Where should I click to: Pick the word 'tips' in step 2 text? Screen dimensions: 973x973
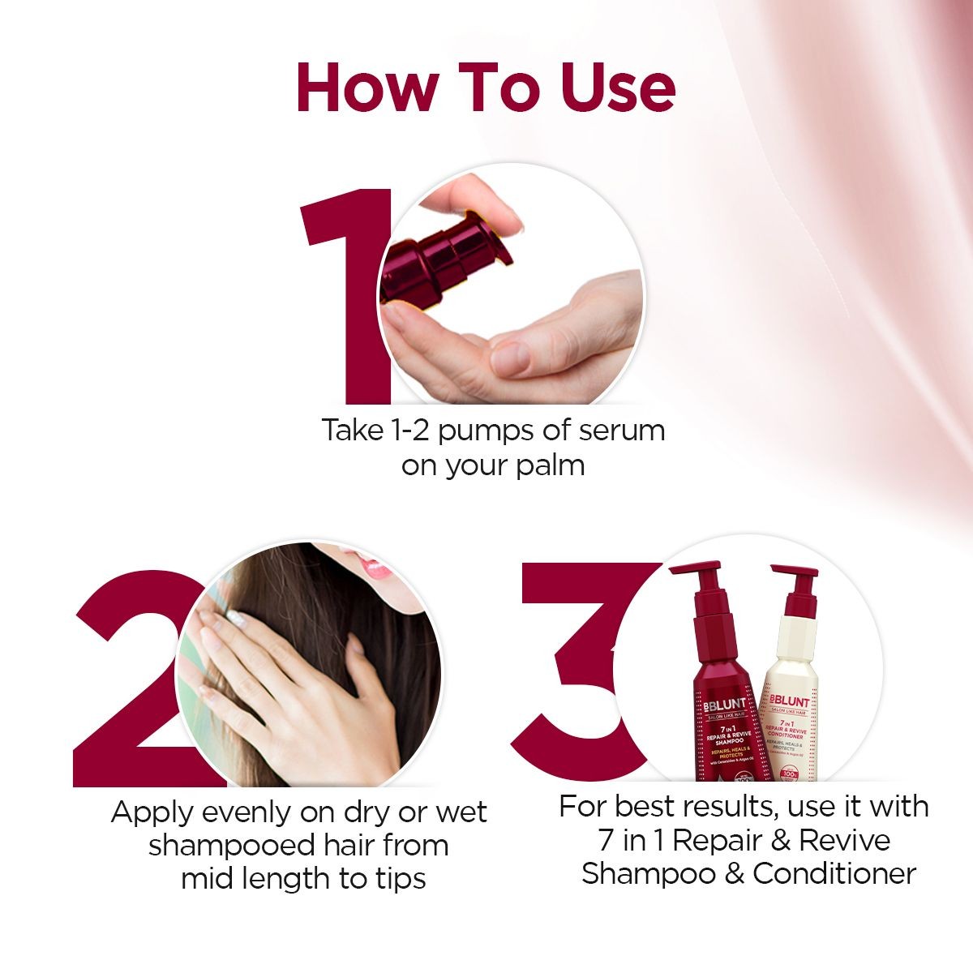click(397, 879)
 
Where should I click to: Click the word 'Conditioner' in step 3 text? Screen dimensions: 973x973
click(834, 873)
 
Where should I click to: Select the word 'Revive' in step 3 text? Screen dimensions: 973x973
click(844, 840)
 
